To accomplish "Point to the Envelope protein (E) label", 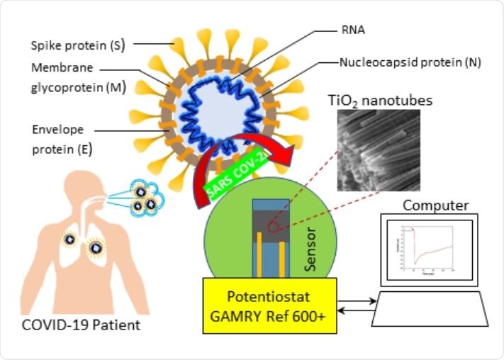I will pos(62,140).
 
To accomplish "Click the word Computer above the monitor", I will pos(435,206).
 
